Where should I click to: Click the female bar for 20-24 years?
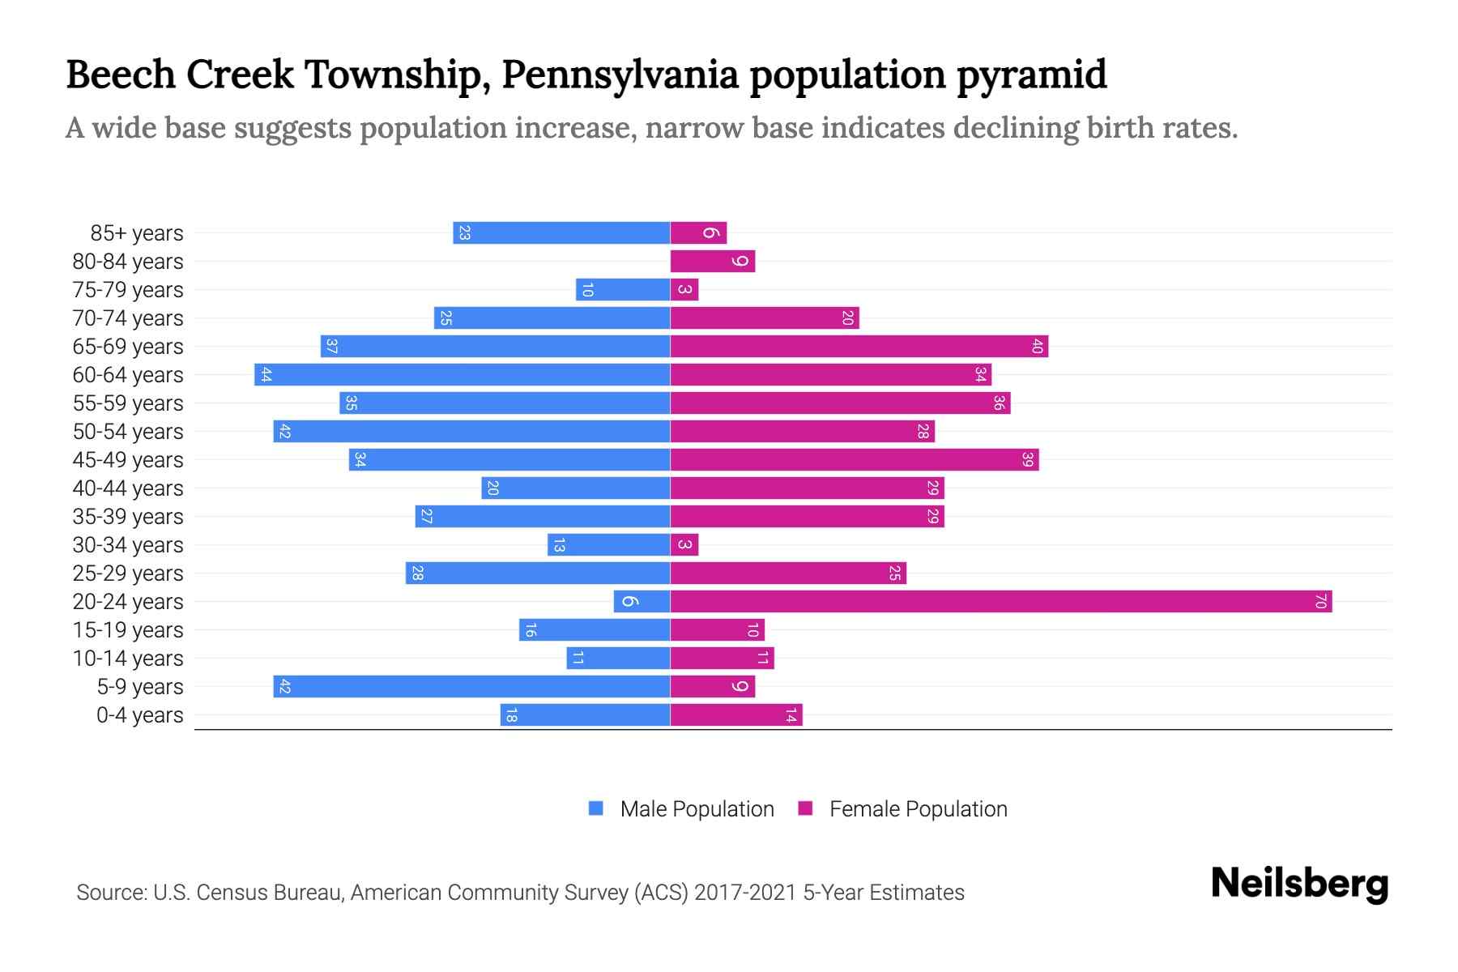[x=1000, y=601]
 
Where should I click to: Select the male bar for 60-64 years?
[x=462, y=374]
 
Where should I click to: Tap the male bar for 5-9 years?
[x=471, y=686]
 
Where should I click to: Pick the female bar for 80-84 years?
[x=713, y=261]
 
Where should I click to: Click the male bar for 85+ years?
[x=561, y=232]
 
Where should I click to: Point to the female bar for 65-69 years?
[x=859, y=346]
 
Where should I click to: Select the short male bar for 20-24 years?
[x=642, y=601]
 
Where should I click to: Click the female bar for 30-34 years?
[x=684, y=544]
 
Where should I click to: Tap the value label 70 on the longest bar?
[x=1320, y=601]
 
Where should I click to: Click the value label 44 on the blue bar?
[x=266, y=374]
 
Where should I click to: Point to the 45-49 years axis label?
[x=128, y=460]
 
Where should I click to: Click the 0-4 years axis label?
[x=139, y=715]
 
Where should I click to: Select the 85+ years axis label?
[x=137, y=233]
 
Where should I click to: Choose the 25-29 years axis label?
[x=128, y=573]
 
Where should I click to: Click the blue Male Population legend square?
[x=596, y=808]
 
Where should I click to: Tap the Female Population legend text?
[x=918, y=808]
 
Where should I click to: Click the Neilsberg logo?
[x=1299, y=884]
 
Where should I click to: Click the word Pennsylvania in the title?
[x=620, y=75]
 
